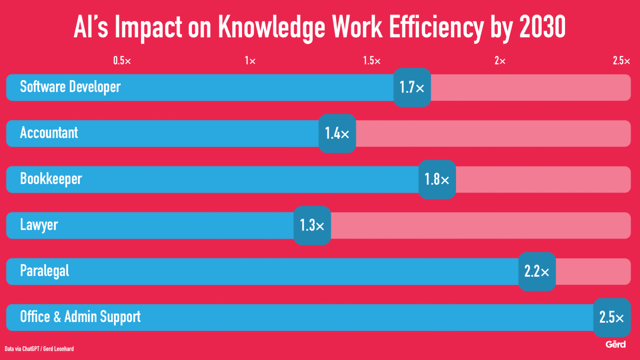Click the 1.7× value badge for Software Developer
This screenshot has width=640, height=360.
pos(412,88)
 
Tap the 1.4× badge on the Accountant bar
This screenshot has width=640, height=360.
pos(337,133)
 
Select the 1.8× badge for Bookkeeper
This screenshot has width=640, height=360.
pos(437,179)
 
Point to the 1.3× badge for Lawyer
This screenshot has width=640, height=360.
pos(312,226)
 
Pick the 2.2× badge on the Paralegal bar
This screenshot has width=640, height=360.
pos(537,271)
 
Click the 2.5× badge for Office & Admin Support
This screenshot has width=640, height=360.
pos(611,317)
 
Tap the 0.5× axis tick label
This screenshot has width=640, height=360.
pos(122,61)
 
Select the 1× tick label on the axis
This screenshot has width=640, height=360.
pos(250,61)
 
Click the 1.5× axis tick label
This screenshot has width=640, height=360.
pos(371,61)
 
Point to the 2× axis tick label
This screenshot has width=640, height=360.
pos(500,61)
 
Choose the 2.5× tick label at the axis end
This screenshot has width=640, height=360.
pos(621,61)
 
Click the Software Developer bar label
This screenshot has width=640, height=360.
pos(70,87)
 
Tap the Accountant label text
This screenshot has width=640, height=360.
pos(49,133)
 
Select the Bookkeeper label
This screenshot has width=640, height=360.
pos(51,179)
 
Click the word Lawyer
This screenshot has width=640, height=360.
pos(39,225)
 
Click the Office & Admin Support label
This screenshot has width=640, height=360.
pos(80,317)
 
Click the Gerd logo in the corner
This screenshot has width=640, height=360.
pos(616,344)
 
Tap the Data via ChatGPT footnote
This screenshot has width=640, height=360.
pos(39,349)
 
